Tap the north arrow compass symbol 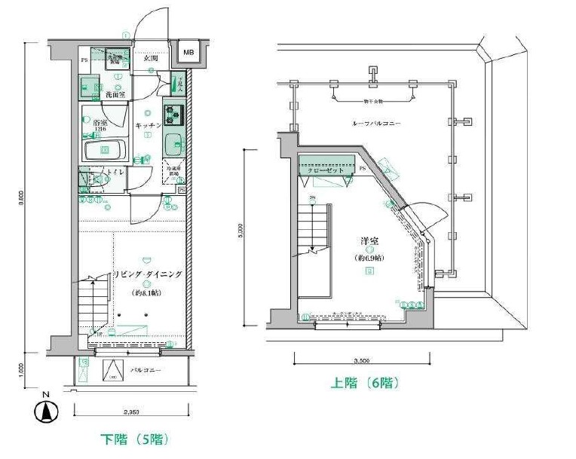[47, 412]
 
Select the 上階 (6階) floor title [366, 383]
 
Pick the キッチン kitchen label [148, 124]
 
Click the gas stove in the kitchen [175, 115]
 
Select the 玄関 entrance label [149, 59]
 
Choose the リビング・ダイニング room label [148, 274]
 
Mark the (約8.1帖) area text [147, 292]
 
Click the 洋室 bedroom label [369, 242]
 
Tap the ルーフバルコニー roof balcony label [375, 123]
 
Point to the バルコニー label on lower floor [144, 371]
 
